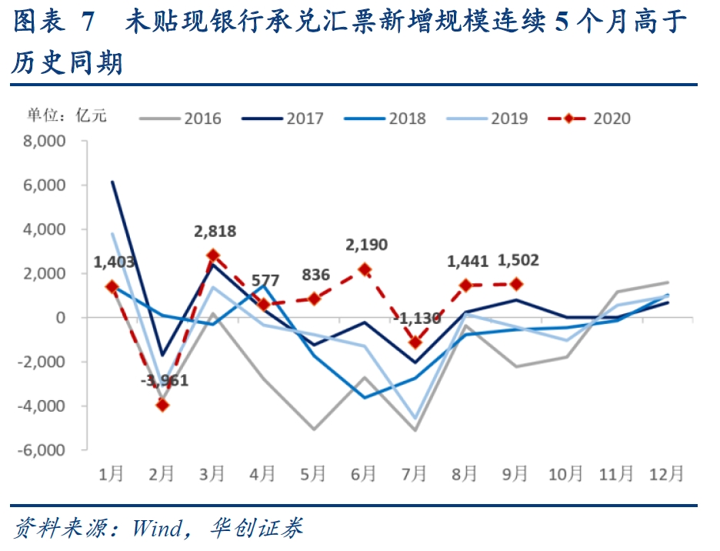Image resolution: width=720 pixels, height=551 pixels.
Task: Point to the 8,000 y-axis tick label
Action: point(57,142)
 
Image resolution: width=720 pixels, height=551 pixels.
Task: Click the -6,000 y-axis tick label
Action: point(55,450)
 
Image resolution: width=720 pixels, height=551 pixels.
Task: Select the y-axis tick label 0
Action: point(73,318)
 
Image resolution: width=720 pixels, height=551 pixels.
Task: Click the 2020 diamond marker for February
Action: point(162,405)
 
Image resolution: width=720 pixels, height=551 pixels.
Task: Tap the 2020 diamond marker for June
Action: point(365,270)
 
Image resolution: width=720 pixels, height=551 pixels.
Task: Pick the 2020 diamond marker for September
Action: point(516,284)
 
